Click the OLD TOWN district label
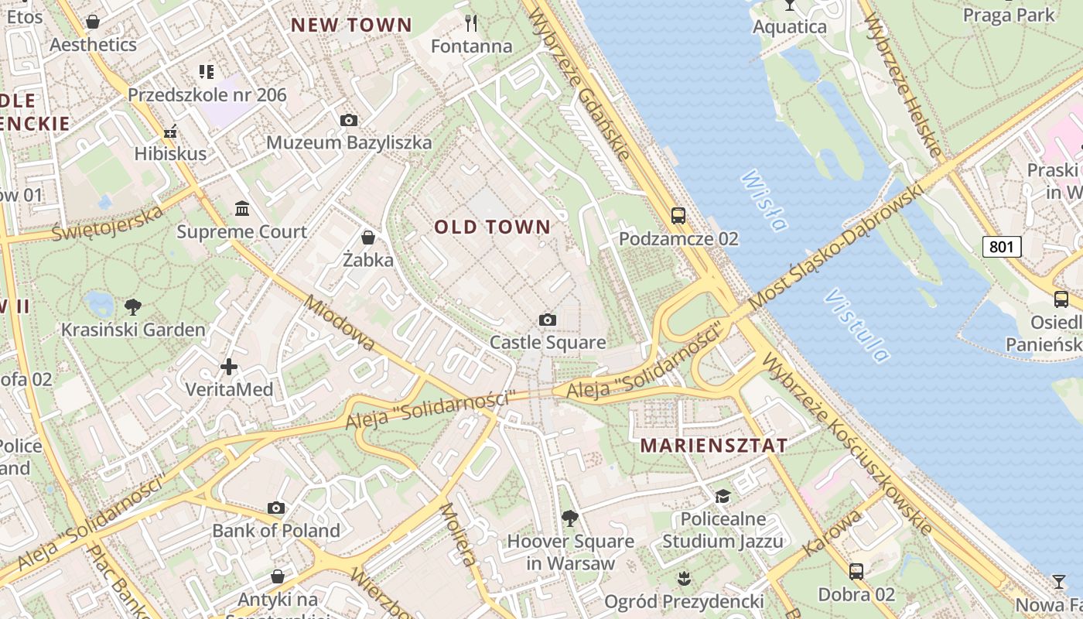coord(492,227)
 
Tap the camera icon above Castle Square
coord(548,320)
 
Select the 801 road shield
coord(1002,247)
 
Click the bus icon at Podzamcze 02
coord(678,216)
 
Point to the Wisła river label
coord(764,201)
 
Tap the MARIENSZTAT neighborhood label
coord(714,446)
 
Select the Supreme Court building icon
coord(242,209)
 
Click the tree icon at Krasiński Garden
coord(133,307)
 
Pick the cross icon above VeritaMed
coord(229,367)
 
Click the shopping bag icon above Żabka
coord(368,237)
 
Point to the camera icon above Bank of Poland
coord(276,508)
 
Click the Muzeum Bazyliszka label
coord(349,142)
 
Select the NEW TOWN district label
coord(351,25)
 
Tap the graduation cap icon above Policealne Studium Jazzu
coord(723,496)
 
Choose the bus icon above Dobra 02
coord(856,572)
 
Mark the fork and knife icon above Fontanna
coord(469,23)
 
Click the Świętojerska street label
coord(108,223)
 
